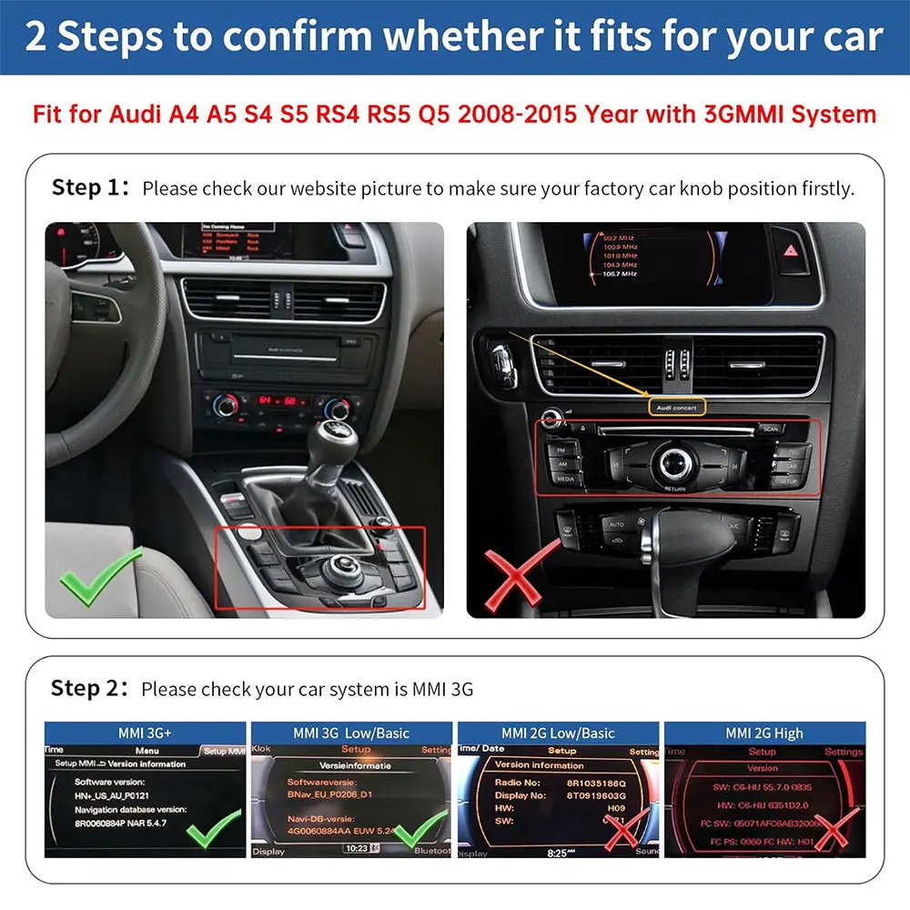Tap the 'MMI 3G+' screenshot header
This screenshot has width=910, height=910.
146,733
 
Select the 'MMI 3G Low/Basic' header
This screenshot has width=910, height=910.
351,733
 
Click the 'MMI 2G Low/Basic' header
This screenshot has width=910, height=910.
558,733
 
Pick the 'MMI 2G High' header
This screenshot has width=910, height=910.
764,733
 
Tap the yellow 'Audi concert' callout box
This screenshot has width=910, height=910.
673,408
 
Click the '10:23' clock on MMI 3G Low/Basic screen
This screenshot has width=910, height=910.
357,848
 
